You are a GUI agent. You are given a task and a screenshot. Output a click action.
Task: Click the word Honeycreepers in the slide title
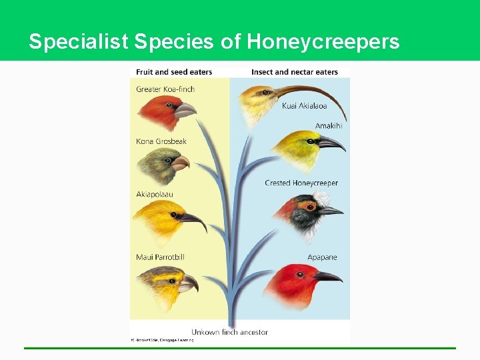coord(323,42)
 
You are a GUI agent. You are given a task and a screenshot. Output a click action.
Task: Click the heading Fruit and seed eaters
coord(174,72)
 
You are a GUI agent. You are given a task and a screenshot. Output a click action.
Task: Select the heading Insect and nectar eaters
coord(294,72)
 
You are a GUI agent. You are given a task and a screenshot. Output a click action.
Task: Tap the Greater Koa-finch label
coord(165,89)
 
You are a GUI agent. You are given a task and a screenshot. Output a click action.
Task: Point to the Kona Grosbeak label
coord(161,141)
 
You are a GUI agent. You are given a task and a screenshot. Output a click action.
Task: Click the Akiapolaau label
coord(155,195)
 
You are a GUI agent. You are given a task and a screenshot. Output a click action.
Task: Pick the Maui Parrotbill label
coord(160,257)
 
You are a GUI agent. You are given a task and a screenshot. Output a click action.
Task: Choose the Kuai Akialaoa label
coord(305,106)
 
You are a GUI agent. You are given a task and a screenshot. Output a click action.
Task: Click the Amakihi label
coord(329,126)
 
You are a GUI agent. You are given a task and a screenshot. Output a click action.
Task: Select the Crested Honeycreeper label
coord(301,183)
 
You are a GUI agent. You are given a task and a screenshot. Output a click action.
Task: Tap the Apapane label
coord(322,257)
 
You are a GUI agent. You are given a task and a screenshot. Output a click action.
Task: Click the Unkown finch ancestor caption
coord(229,332)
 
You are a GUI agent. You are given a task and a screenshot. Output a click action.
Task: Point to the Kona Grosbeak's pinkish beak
coord(180,161)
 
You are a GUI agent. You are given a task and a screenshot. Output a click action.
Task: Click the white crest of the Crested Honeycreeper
coord(323,198)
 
